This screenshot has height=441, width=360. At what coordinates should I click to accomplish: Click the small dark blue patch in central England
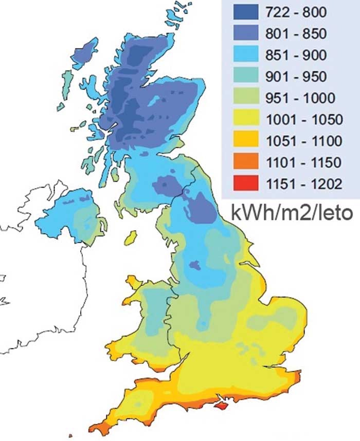tap(194, 265)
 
